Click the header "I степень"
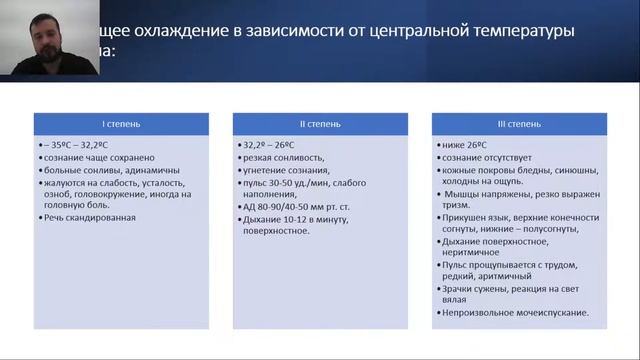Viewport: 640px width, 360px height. click(121, 126)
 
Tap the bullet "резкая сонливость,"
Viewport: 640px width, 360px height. click(281, 157)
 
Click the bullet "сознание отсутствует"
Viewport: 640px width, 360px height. click(490, 157)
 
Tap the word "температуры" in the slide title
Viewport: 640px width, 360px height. click(524, 32)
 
